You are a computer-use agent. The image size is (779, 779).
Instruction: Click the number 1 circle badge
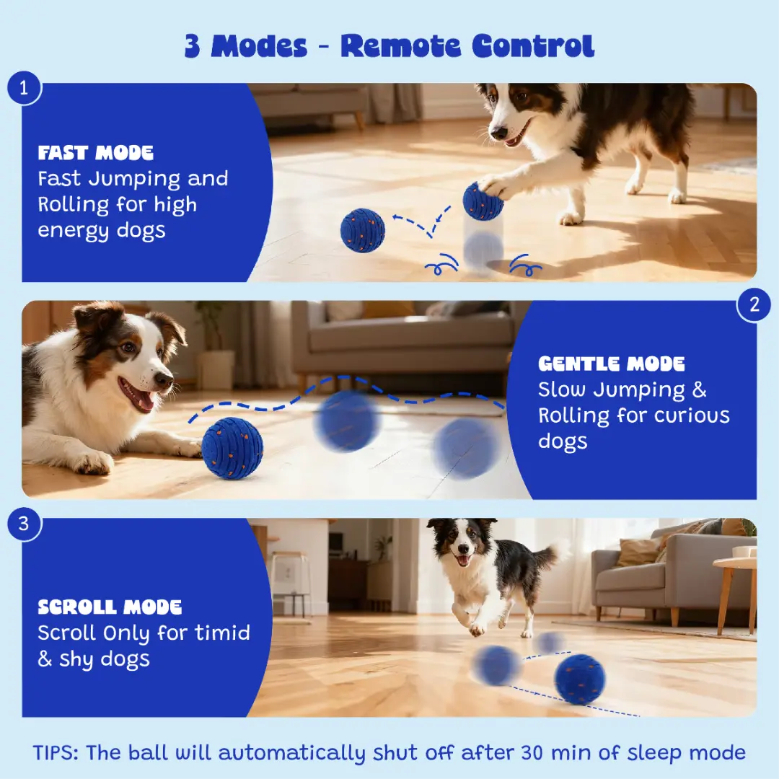(x=24, y=88)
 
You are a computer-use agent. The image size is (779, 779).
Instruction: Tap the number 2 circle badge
(x=754, y=304)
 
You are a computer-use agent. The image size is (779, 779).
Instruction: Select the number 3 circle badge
(x=24, y=524)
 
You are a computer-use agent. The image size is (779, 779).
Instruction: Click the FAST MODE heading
(x=95, y=153)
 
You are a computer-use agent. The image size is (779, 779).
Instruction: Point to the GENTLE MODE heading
(x=611, y=364)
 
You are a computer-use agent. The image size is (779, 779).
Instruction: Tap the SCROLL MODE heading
(x=110, y=607)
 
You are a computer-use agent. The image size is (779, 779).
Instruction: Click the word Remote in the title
(x=401, y=46)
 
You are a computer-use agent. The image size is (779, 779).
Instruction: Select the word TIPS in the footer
(x=55, y=752)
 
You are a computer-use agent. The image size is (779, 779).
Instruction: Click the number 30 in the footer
(x=532, y=752)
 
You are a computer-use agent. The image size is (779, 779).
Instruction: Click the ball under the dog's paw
(x=482, y=201)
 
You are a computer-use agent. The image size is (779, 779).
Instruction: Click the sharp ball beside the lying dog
(x=232, y=449)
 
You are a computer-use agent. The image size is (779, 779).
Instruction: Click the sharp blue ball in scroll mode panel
(x=580, y=679)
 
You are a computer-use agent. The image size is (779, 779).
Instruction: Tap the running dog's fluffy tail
(x=558, y=553)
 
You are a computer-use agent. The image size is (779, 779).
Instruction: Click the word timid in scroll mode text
(x=222, y=633)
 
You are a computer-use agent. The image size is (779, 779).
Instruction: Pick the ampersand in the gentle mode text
(x=699, y=389)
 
